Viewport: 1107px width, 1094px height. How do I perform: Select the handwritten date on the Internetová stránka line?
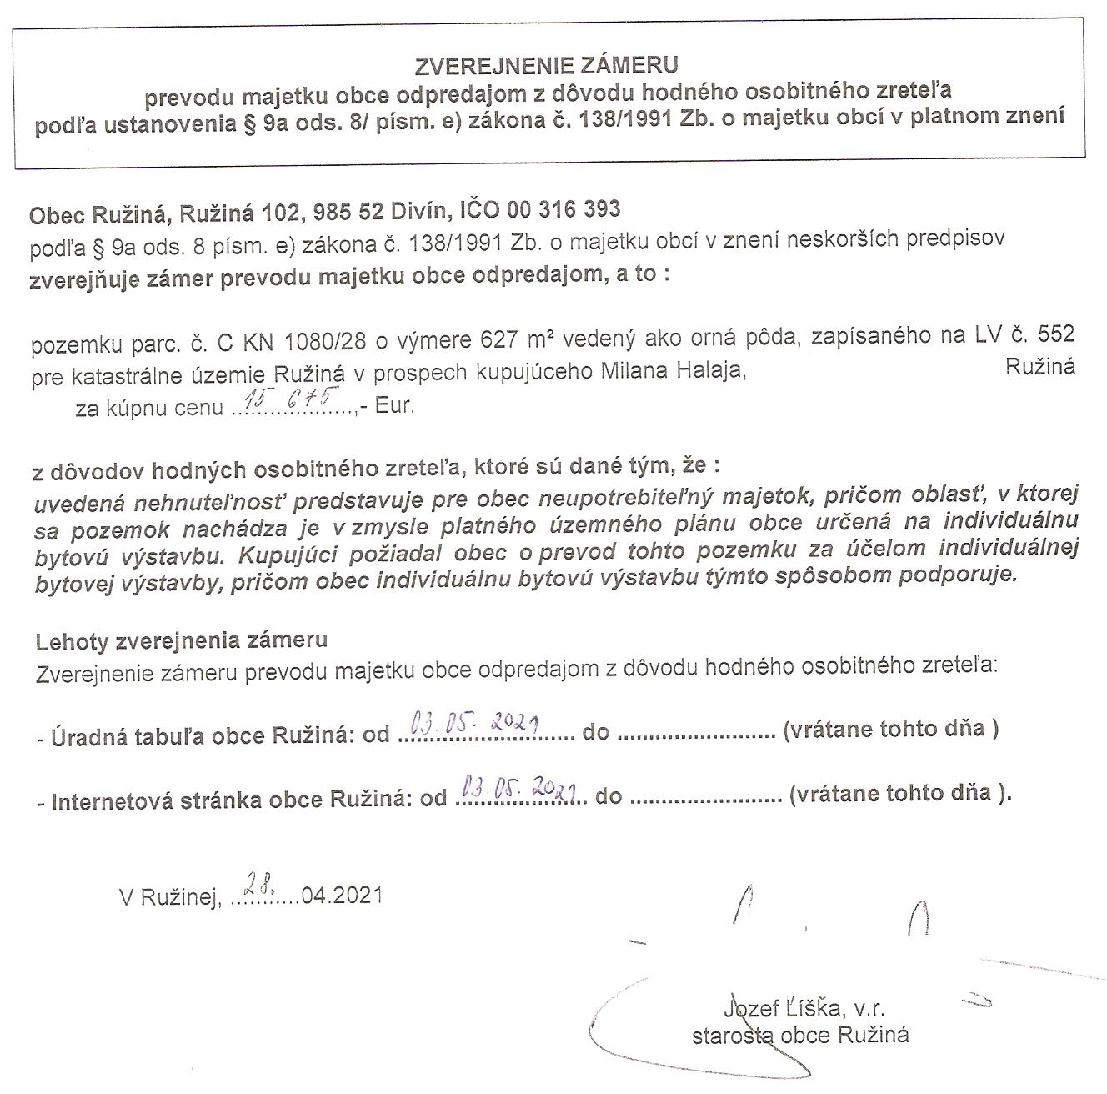coord(522,786)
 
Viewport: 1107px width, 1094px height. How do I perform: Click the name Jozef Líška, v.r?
coord(799,1010)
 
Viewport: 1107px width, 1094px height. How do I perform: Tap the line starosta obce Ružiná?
coord(800,1036)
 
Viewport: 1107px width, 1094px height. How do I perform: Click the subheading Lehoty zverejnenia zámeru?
coord(182,640)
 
